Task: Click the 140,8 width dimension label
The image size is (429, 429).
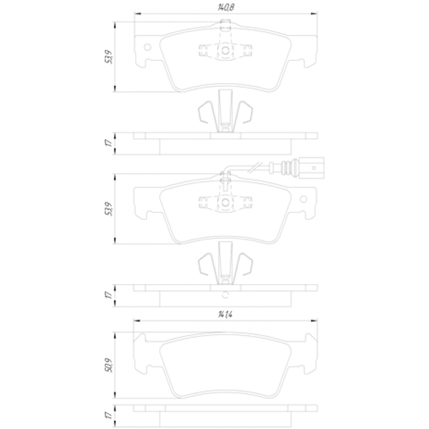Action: (x=226, y=7)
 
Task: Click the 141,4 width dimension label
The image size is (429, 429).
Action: (x=225, y=314)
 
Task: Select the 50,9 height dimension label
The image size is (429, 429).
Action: (x=109, y=365)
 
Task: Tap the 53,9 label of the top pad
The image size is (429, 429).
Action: (x=109, y=57)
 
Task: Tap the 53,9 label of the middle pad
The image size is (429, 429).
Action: (x=109, y=208)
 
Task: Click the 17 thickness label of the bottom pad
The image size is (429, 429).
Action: (x=109, y=415)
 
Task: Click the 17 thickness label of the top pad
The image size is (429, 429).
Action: (x=109, y=143)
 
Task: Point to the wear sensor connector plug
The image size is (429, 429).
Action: (x=311, y=168)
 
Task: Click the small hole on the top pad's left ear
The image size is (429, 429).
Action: (x=147, y=47)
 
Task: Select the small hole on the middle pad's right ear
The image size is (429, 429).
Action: (x=304, y=199)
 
